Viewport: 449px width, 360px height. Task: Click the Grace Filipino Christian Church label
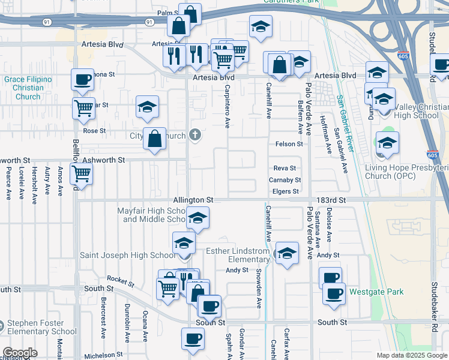[x=28, y=88]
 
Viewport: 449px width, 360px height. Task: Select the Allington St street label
[x=193, y=199]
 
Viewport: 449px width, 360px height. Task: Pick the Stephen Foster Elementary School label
[x=43, y=327]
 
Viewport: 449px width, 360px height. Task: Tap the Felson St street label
[x=289, y=144]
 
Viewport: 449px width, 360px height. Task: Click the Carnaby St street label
[x=285, y=180]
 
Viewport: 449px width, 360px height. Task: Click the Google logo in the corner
[x=20, y=353]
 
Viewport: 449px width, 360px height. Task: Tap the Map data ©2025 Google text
[x=412, y=355]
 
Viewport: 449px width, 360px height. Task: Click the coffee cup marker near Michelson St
[x=193, y=338]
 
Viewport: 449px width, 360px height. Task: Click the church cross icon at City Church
[x=194, y=135]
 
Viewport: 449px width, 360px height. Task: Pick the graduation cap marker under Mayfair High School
[x=197, y=218]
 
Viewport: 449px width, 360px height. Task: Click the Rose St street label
[x=94, y=130]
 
